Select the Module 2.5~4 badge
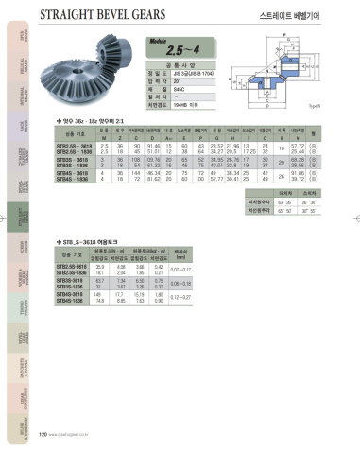[171, 47]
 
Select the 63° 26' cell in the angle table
[284, 201]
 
